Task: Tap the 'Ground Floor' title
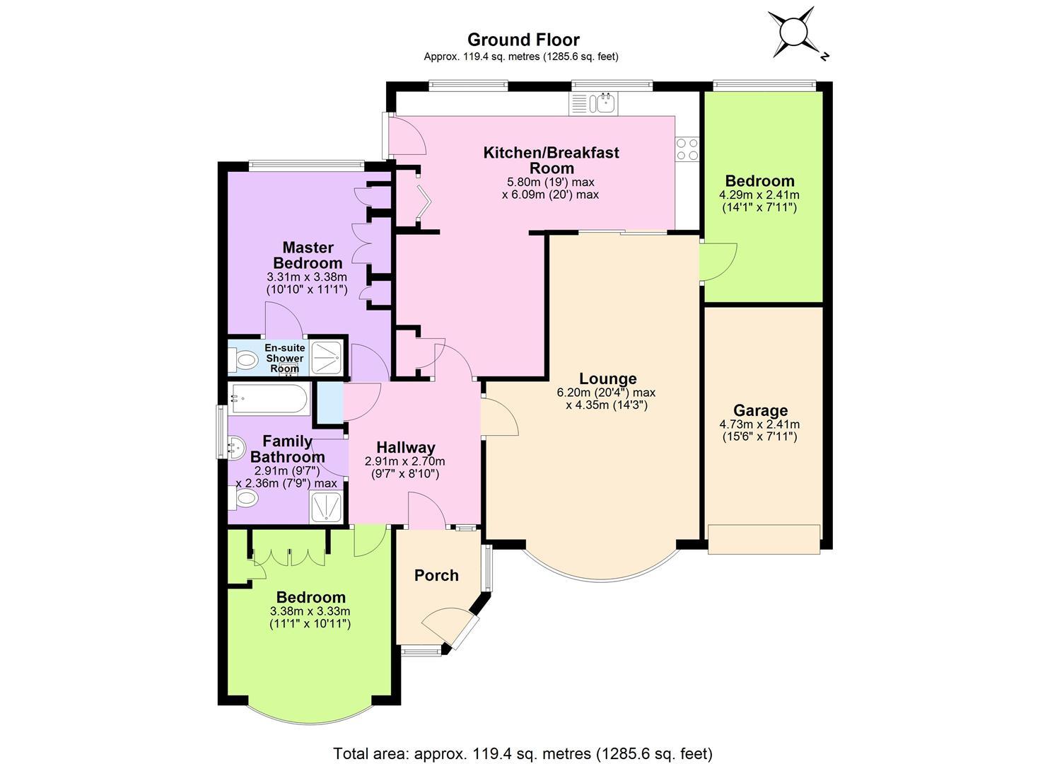tap(523, 40)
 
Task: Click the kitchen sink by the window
tap(607, 103)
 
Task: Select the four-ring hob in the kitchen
tap(687, 149)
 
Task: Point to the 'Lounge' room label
tap(607, 378)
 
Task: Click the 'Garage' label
tap(760, 411)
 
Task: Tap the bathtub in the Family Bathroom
tap(270, 399)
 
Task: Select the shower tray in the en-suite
tap(327, 358)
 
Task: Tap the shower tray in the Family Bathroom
tap(327, 507)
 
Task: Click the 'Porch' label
tap(436, 575)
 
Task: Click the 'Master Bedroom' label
tap(308, 255)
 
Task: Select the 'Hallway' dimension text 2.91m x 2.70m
tap(405, 461)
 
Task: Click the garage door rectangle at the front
tap(764, 539)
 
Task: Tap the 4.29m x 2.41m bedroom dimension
tap(759, 195)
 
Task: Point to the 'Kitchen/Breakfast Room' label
tap(552, 161)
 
